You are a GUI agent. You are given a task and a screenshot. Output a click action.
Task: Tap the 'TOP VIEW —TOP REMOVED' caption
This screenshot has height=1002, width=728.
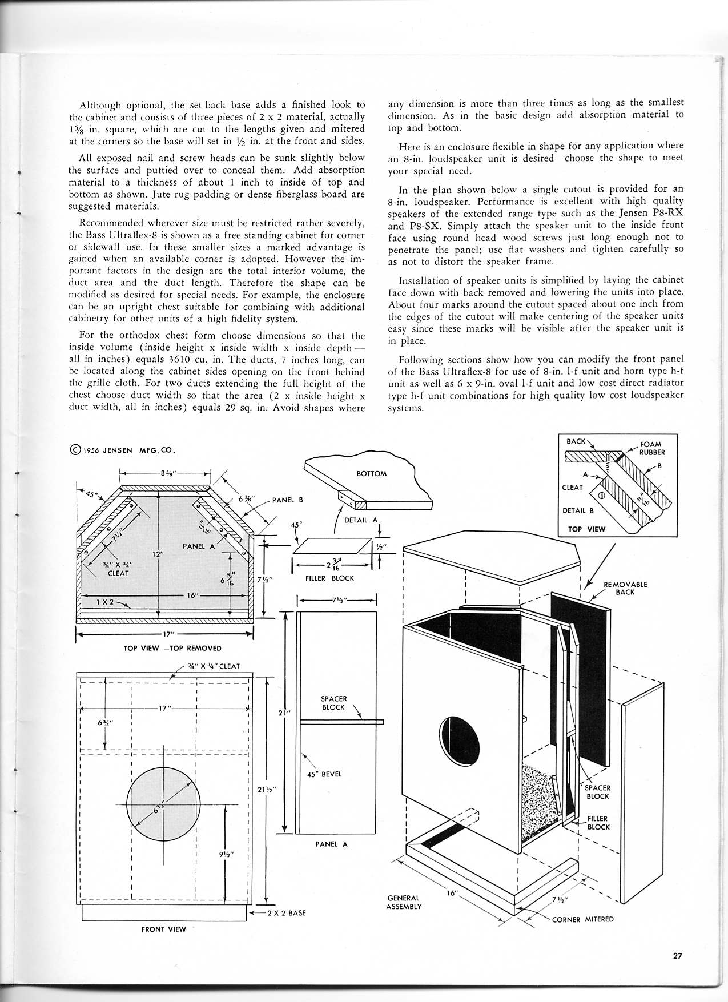coord(164,648)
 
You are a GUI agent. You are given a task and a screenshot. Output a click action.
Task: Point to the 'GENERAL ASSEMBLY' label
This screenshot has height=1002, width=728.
coord(403,902)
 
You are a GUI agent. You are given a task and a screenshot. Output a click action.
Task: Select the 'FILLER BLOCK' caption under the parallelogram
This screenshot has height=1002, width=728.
coord(330,578)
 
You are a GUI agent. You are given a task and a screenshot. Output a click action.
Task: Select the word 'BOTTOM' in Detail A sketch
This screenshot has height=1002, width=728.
coord(371,473)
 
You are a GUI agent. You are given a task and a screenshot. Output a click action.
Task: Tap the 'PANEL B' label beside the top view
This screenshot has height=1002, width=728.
coord(287,500)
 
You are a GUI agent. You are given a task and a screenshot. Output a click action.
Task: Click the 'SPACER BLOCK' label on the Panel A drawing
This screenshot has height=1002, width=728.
coord(333,703)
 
